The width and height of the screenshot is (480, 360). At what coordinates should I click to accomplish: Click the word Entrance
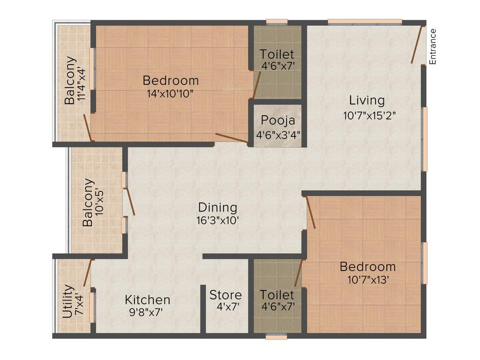(433, 46)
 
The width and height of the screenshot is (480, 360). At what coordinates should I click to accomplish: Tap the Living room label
(367, 100)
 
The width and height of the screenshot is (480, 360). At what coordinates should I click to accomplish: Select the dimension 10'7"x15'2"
(370, 115)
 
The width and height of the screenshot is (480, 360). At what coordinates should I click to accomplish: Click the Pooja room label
(278, 120)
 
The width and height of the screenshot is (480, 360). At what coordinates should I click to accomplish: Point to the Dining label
(217, 207)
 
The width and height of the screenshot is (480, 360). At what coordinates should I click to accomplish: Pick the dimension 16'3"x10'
(218, 220)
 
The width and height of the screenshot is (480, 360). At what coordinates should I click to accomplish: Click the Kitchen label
(148, 300)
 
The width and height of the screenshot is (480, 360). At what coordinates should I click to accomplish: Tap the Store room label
(225, 295)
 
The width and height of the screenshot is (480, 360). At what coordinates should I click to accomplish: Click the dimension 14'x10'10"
(170, 93)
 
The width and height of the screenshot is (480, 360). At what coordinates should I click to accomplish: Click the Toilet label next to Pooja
(277, 54)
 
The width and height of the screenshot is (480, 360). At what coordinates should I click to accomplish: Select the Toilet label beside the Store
(277, 295)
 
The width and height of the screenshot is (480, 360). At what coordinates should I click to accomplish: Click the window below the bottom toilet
(276, 336)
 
